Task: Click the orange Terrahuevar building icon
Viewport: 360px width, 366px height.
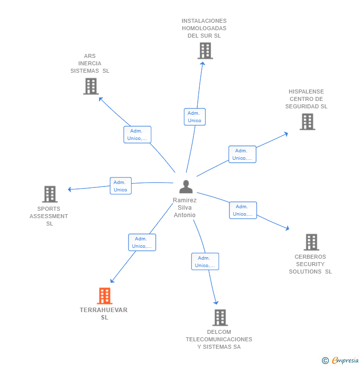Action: coord(104,296)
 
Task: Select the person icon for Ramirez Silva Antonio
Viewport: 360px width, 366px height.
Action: coord(186,186)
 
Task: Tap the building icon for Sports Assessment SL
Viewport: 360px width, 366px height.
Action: coord(50,194)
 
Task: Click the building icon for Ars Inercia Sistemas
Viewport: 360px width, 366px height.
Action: coord(91,86)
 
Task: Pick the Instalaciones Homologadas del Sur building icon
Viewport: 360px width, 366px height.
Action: coord(205,50)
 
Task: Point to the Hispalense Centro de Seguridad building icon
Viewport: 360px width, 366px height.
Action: coord(308,122)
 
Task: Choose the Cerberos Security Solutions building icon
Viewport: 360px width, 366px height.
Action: coord(312,242)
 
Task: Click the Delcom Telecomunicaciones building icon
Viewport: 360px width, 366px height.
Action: coord(220,318)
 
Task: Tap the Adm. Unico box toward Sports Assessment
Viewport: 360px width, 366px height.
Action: coord(121,186)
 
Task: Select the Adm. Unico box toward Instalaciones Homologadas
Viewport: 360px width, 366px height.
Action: coord(194,117)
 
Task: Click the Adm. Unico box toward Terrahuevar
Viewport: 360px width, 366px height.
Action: coord(142,242)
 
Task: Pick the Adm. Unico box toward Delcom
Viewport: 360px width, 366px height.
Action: coord(205,262)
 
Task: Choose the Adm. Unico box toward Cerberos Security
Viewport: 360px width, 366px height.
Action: coord(243,210)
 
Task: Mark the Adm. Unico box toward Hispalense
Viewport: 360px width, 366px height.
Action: coord(242,154)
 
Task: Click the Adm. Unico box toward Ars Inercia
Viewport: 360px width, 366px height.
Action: coord(137,135)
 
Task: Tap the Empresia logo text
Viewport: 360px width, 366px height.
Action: coord(345,360)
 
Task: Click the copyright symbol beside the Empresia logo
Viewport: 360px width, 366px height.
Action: coord(325,361)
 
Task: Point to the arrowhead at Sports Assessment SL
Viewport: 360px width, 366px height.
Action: coord(70,189)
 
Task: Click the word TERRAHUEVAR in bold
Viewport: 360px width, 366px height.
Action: coord(103,310)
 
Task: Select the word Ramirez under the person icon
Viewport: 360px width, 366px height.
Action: coord(184,200)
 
